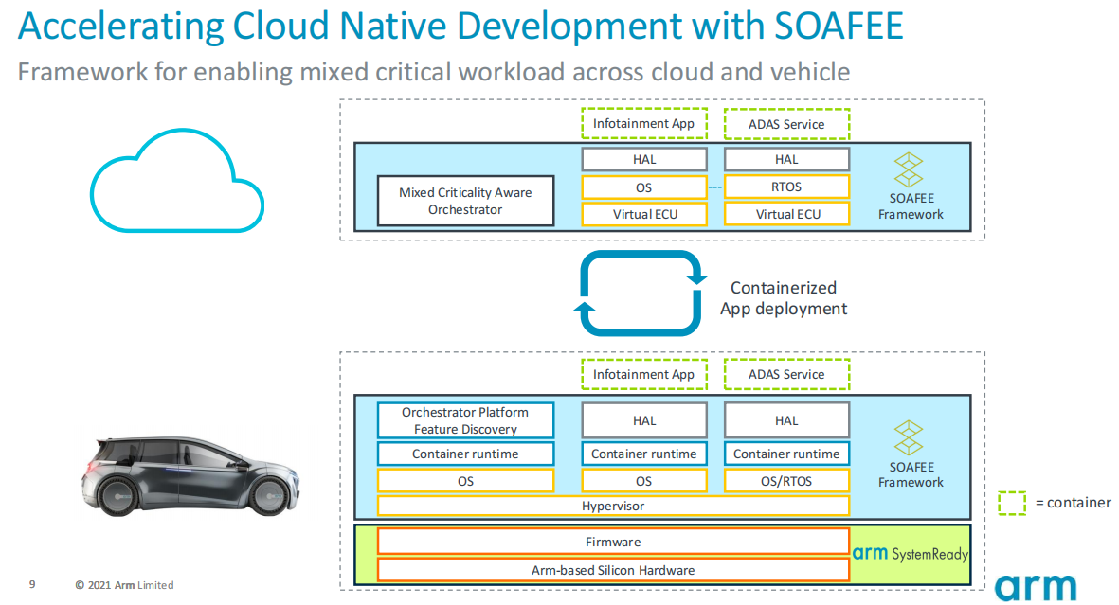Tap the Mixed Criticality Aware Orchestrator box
point(465,201)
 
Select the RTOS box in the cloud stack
point(786,187)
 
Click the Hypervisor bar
point(613,506)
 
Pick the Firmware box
point(613,542)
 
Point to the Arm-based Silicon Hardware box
point(613,570)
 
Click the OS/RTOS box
point(786,481)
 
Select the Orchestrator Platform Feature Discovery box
point(465,421)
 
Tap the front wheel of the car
point(269,493)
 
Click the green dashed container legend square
point(1012,503)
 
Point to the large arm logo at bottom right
point(1036,587)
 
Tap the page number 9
point(32,584)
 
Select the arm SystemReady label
point(910,553)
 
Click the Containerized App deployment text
point(784,298)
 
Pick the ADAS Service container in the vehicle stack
point(786,374)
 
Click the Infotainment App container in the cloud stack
point(643,123)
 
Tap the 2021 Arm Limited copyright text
point(124,585)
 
